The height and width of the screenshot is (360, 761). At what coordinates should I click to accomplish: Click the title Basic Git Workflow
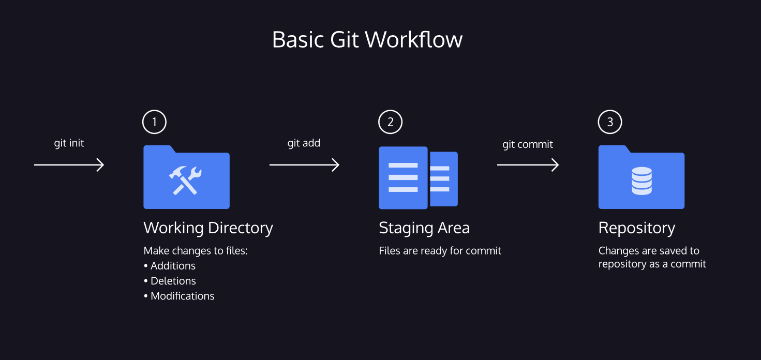[x=367, y=40]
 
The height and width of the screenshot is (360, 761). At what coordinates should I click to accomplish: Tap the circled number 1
[x=154, y=122]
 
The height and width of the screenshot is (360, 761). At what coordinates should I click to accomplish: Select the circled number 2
[x=390, y=122]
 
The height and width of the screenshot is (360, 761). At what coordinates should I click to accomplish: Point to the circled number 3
[x=610, y=122]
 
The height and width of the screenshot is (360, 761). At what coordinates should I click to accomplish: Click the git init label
[x=69, y=143]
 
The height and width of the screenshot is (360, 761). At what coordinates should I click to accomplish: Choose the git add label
[x=304, y=143]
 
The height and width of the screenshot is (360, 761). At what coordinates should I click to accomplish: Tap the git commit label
[x=528, y=144]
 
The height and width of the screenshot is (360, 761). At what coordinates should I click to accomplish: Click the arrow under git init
[x=69, y=165]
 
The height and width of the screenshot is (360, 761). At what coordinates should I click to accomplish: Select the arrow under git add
[x=304, y=165]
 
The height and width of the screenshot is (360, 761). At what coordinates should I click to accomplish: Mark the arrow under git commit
[x=528, y=165]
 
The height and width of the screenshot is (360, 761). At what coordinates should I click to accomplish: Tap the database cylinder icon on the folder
[x=641, y=182]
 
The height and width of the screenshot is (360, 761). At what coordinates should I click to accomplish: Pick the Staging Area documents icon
[x=418, y=178]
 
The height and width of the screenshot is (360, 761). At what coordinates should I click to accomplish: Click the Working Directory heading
[x=208, y=228]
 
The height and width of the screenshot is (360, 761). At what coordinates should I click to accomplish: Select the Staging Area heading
[x=424, y=228]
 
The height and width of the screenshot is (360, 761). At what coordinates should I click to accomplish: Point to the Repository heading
[x=636, y=228]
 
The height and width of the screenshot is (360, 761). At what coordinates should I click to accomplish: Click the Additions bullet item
[x=172, y=266]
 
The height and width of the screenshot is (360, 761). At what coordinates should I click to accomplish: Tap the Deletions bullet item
[x=173, y=281]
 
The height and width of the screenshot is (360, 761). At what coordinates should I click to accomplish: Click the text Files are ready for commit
[x=440, y=251]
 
